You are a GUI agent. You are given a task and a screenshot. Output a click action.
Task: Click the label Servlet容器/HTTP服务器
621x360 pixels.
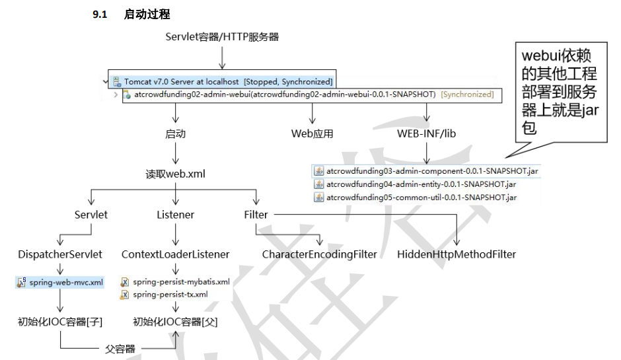[222, 37]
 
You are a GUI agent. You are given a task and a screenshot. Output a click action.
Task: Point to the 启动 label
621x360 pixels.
[175, 133]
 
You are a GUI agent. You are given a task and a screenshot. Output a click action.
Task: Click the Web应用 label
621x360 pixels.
[312, 133]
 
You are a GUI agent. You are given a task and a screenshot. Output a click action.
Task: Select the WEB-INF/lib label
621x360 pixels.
[426, 133]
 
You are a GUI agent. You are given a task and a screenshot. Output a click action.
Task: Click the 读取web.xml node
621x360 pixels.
[175, 175]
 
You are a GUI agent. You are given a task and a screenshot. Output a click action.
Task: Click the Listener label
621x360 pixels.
[175, 215]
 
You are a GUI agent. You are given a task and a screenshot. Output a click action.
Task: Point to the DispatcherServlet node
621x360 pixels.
[60, 254]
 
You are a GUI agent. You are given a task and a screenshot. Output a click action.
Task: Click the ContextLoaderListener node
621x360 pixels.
[175, 254]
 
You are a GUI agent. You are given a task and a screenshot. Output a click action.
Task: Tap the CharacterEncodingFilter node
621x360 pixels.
[319, 254]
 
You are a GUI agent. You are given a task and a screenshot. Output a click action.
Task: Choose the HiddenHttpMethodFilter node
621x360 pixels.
[457, 254]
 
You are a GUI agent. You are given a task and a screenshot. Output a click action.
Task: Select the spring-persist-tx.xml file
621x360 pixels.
[170, 294]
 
